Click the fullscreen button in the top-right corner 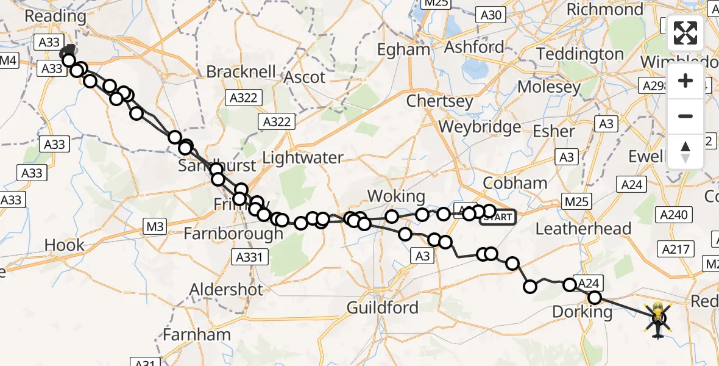point(685,33)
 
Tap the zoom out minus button point(685,116)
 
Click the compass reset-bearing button point(685,151)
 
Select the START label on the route point(498,217)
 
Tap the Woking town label point(397,196)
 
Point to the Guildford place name point(382,307)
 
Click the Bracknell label point(242,72)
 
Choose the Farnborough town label point(233,234)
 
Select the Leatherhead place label point(583,229)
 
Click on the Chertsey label point(439,101)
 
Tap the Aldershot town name point(226,289)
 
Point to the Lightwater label point(303,158)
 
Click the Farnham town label point(197,335)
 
